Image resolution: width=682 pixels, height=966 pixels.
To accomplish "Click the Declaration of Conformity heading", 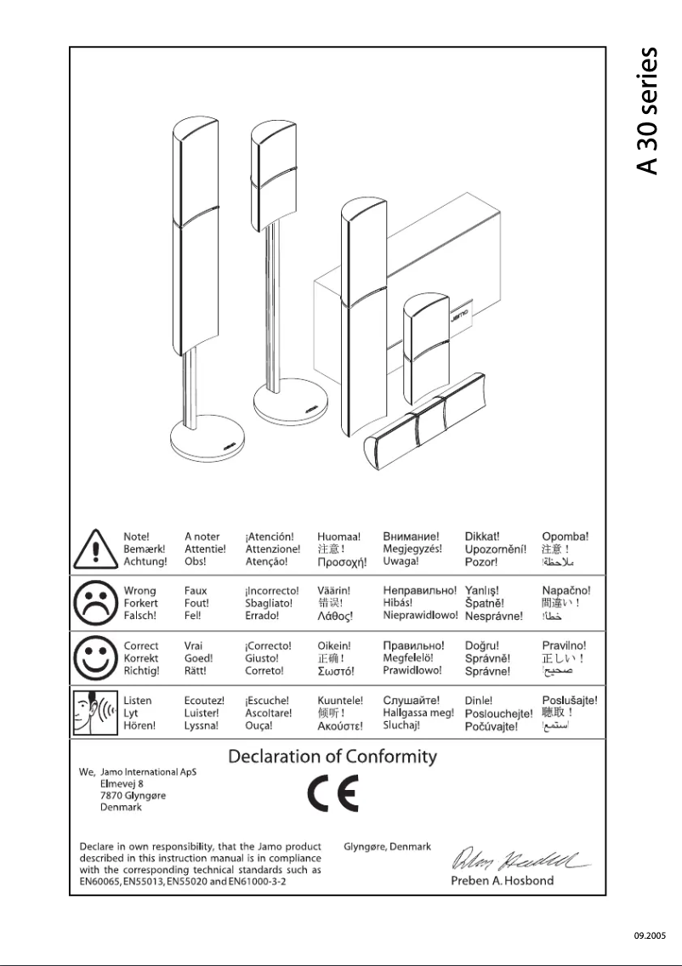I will [332, 756].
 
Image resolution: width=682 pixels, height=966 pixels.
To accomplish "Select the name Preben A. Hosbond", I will [502, 880].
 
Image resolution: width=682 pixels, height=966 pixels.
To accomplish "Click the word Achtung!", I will [145, 562].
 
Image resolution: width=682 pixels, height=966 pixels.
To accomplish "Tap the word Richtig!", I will [143, 671].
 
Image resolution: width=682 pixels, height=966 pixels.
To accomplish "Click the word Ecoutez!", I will [203, 701].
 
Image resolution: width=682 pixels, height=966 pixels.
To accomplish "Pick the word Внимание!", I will [411, 537].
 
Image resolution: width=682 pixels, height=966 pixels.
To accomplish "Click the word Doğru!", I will [482, 646].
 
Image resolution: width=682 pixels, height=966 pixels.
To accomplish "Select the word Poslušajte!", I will [569, 701].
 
